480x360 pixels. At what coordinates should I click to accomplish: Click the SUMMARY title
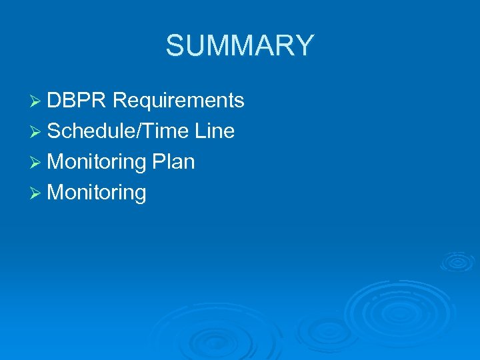click(x=239, y=45)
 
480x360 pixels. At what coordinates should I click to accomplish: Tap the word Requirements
click(x=179, y=101)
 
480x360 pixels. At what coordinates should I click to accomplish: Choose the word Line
click(x=215, y=131)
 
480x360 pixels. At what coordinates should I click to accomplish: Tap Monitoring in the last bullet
click(x=97, y=193)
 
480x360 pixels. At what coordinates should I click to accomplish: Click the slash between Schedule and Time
click(x=139, y=131)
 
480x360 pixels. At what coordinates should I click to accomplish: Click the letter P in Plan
click(x=158, y=162)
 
